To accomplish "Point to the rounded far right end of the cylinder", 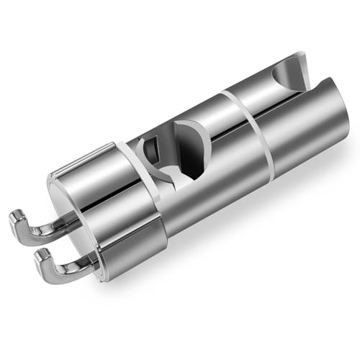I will [338, 122].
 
